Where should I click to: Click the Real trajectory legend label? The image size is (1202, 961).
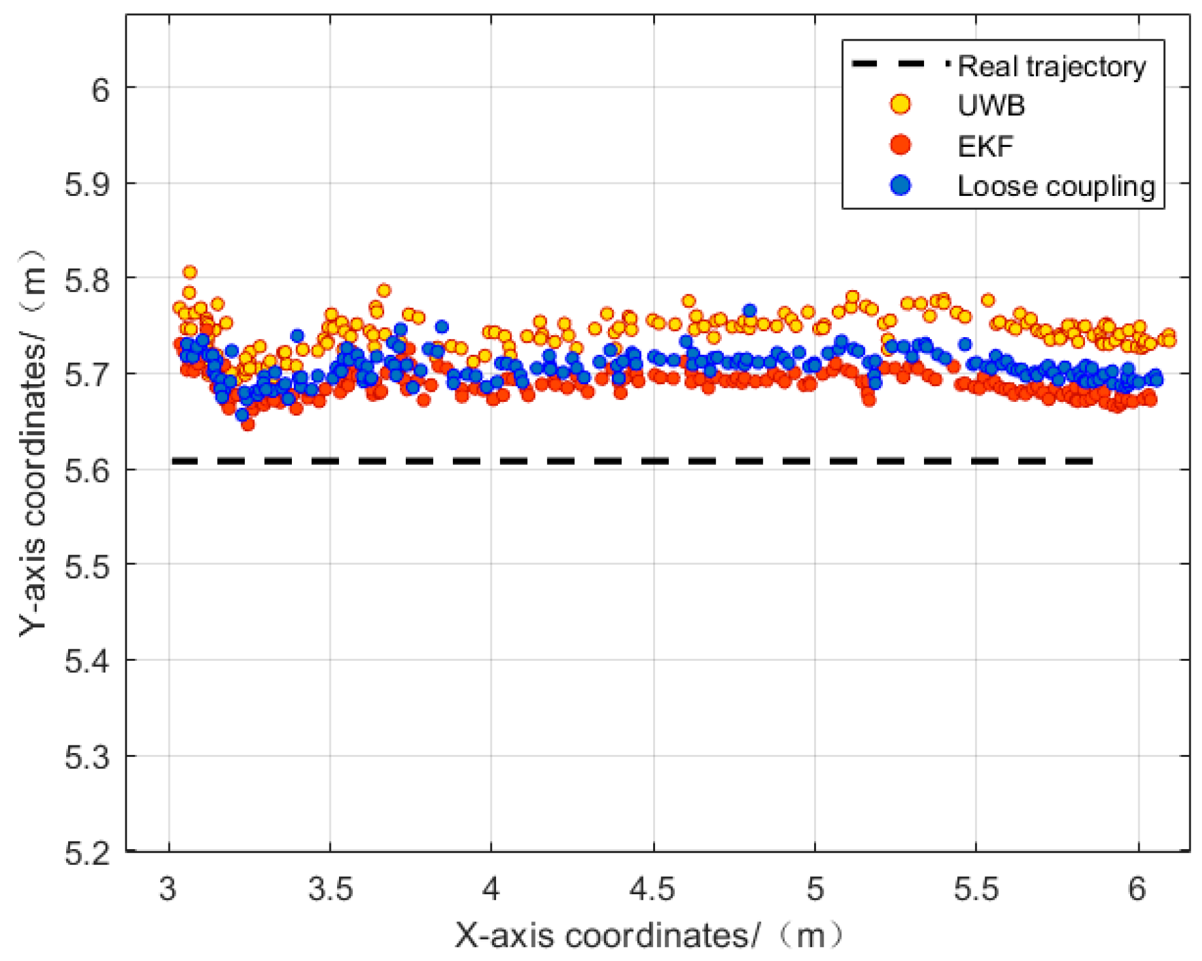click(1051, 67)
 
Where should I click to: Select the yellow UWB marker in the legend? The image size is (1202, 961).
click(900, 104)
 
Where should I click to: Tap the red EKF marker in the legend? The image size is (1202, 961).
click(900, 145)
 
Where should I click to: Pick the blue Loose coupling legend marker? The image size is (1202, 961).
click(900, 185)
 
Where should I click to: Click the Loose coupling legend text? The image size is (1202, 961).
click(1056, 186)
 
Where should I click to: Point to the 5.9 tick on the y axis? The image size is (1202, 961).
click(87, 184)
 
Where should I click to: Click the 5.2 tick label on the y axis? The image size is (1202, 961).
click(87, 853)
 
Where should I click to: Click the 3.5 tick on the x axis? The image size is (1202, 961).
click(330, 888)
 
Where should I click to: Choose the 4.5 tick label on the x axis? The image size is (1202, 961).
click(653, 888)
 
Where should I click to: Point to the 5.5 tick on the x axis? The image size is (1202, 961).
click(976, 888)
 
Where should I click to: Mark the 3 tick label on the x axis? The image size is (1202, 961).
click(168, 888)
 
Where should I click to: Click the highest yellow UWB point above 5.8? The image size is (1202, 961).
click(190, 272)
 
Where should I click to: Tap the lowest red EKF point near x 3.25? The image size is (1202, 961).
click(248, 424)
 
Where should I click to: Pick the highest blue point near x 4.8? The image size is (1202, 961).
click(750, 311)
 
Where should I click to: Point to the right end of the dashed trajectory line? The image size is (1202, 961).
click(1091, 461)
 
